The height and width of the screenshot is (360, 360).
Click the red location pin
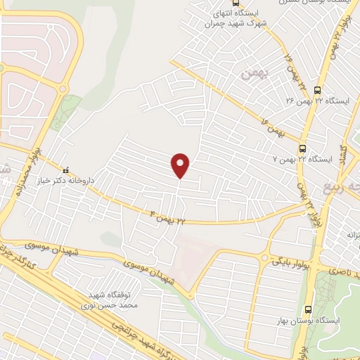181,165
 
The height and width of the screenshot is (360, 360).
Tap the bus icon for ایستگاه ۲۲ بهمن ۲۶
318,89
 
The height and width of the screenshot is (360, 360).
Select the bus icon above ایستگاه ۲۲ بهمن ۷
302,148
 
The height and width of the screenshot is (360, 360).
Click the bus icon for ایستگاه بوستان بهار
308,309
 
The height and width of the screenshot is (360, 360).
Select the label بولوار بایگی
292,262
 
